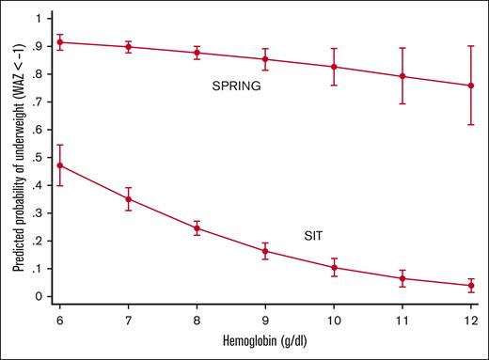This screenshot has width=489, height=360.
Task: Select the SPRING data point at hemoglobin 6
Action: (61, 41)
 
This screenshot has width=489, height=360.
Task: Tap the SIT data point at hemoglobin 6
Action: (61, 165)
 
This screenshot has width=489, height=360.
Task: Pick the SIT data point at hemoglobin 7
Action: (129, 198)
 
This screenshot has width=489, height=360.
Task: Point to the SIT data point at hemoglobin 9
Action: (265, 251)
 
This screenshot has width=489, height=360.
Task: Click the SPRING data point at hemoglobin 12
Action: (470, 86)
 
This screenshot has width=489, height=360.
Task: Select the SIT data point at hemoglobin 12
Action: (470, 286)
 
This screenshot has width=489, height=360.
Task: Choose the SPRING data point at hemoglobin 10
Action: (334, 67)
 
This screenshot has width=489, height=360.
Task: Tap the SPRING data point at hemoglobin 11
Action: (402, 76)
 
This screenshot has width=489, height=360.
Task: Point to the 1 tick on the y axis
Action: (39, 18)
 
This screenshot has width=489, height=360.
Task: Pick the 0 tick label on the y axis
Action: (39, 296)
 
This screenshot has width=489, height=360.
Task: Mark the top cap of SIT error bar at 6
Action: (61, 145)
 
